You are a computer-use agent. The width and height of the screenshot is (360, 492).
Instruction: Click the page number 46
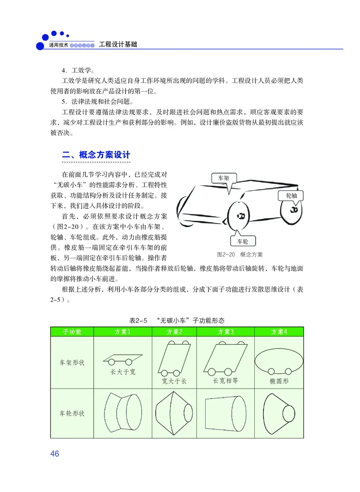(x=54, y=454)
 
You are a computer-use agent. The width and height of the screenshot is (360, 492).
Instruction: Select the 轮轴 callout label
(x=291, y=196)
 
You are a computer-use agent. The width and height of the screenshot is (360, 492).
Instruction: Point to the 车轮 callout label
(x=243, y=242)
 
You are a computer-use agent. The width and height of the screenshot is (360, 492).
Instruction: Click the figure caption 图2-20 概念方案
(x=239, y=255)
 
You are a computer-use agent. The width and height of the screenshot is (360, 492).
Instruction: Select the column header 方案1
(x=123, y=332)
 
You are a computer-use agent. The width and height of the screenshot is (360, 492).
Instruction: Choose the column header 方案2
(x=175, y=332)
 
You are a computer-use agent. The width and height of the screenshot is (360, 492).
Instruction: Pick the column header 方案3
(x=226, y=332)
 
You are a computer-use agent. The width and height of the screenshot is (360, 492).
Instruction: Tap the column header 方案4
(x=279, y=332)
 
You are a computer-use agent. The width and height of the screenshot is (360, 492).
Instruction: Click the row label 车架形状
(x=72, y=362)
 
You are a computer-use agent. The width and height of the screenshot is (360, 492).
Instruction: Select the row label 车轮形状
(x=72, y=413)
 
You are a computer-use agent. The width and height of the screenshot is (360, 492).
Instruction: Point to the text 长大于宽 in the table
(x=123, y=372)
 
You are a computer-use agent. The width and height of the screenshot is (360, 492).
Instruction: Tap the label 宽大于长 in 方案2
(x=174, y=381)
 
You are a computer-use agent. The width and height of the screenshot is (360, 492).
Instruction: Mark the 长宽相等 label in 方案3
(x=225, y=380)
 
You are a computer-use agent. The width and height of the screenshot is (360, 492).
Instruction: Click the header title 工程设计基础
(x=118, y=45)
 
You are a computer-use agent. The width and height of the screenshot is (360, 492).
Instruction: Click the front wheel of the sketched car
(x=239, y=216)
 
